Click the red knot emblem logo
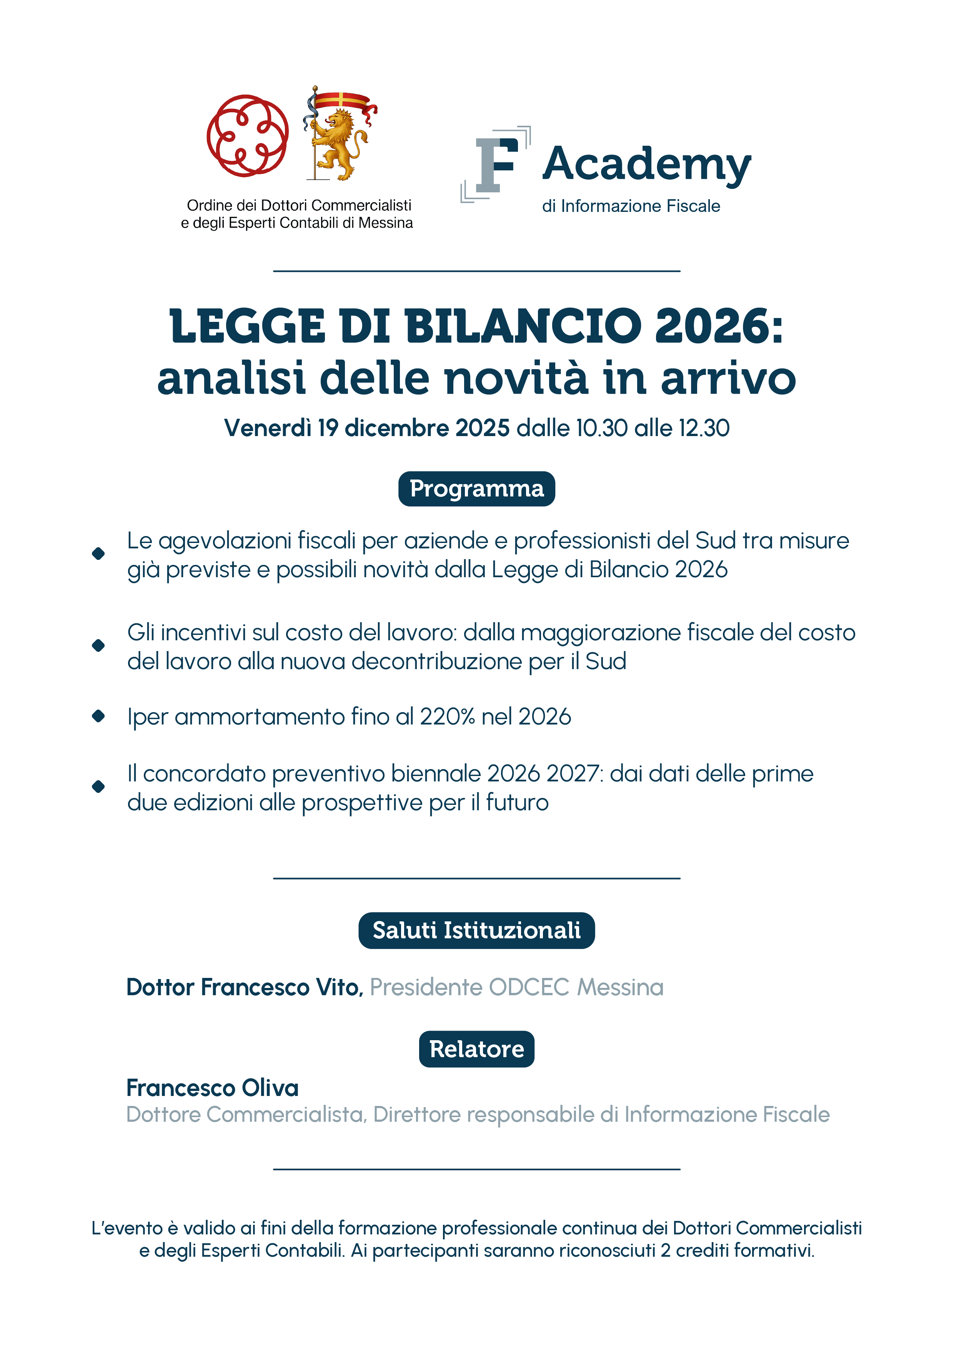247,136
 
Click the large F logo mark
496,165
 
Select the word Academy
646,165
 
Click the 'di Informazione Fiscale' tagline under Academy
631,206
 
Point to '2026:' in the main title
719,326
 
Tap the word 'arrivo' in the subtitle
728,378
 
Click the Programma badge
476,489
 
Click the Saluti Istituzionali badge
476,930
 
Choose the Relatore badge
476,1049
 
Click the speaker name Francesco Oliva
213,1088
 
